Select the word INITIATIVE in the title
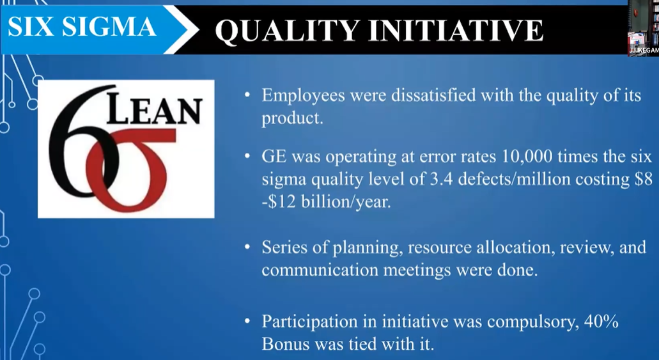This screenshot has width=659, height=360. (x=456, y=30)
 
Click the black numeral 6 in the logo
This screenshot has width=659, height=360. (x=80, y=143)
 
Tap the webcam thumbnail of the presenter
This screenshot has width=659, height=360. (x=643, y=27)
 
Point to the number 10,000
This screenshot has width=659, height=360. (x=520, y=157)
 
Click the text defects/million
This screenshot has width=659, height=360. (x=514, y=180)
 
